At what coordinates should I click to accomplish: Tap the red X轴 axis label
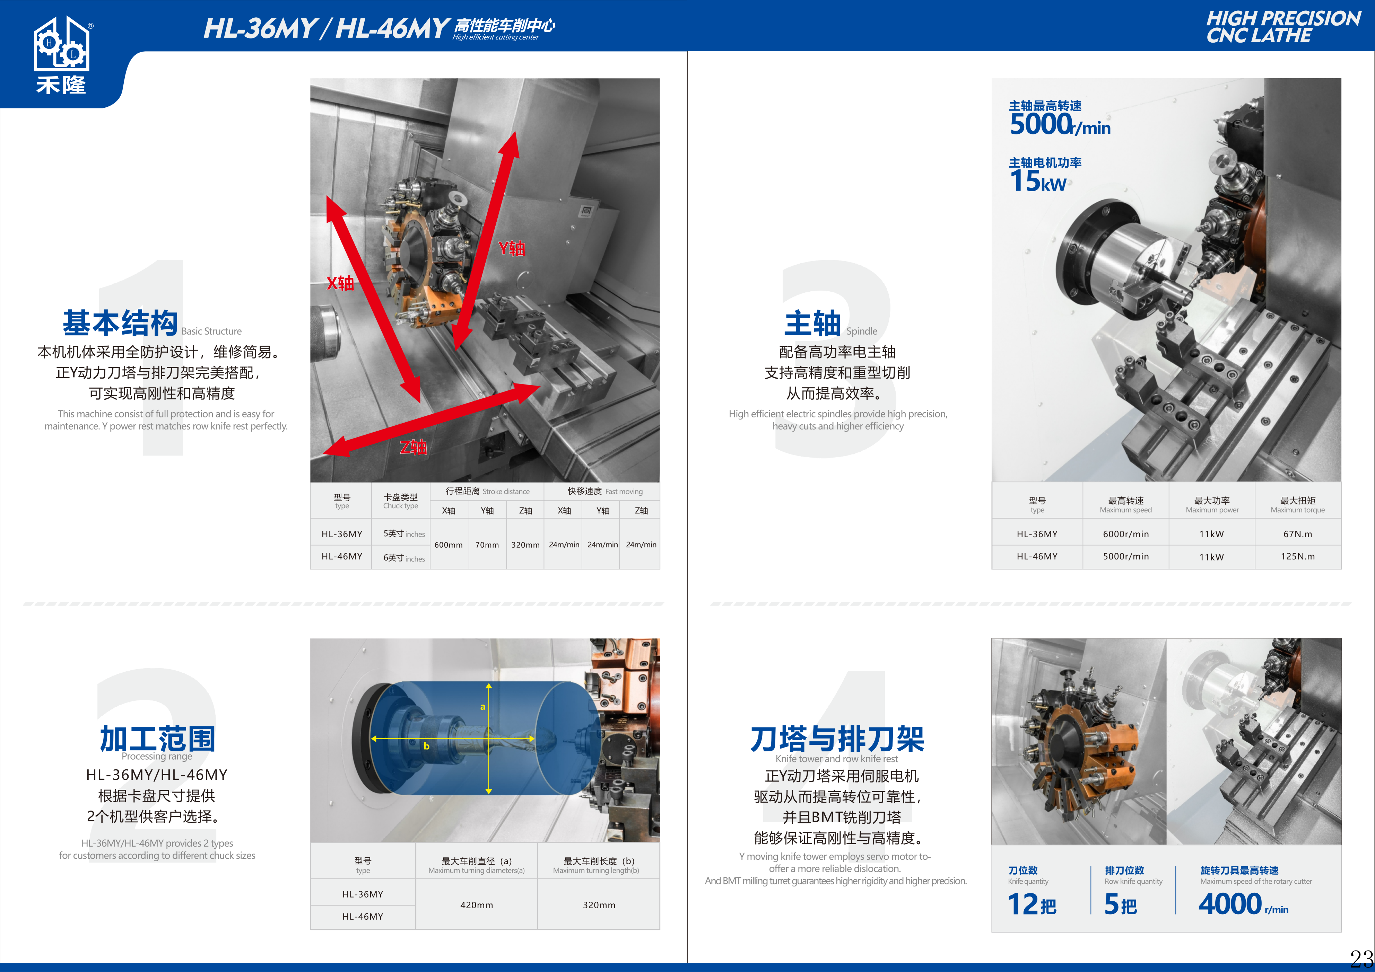(x=340, y=283)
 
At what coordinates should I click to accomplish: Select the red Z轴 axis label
(x=413, y=447)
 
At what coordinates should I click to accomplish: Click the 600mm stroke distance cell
(x=449, y=545)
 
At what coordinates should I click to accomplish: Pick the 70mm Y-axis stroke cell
(x=487, y=545)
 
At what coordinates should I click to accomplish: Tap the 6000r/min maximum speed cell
(x=1126, y=534)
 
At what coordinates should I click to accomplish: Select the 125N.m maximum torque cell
(x=1298, y=556)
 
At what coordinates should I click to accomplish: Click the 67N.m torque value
(x=1298, y=534)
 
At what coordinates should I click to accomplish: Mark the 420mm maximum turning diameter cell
(x=477, y=905)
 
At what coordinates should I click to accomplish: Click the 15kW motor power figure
(x=1038, y=181)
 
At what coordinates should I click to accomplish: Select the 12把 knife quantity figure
(x=1032, y=904)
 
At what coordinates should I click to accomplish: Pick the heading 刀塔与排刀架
(x=837, y=739)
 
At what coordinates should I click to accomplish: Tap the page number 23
(x=1361, y=958)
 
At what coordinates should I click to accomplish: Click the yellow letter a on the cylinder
(x=483, y=707)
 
